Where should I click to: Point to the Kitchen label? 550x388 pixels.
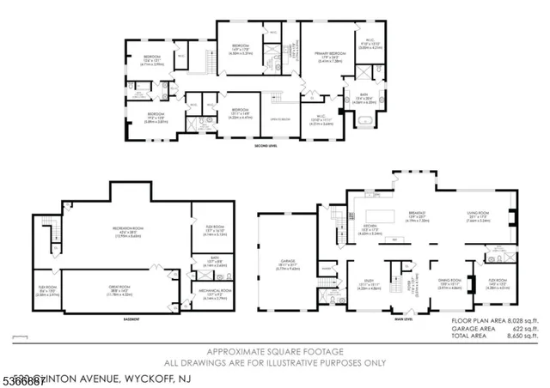tap(370, 229)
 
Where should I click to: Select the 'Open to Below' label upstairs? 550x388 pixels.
tap(278, 118)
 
